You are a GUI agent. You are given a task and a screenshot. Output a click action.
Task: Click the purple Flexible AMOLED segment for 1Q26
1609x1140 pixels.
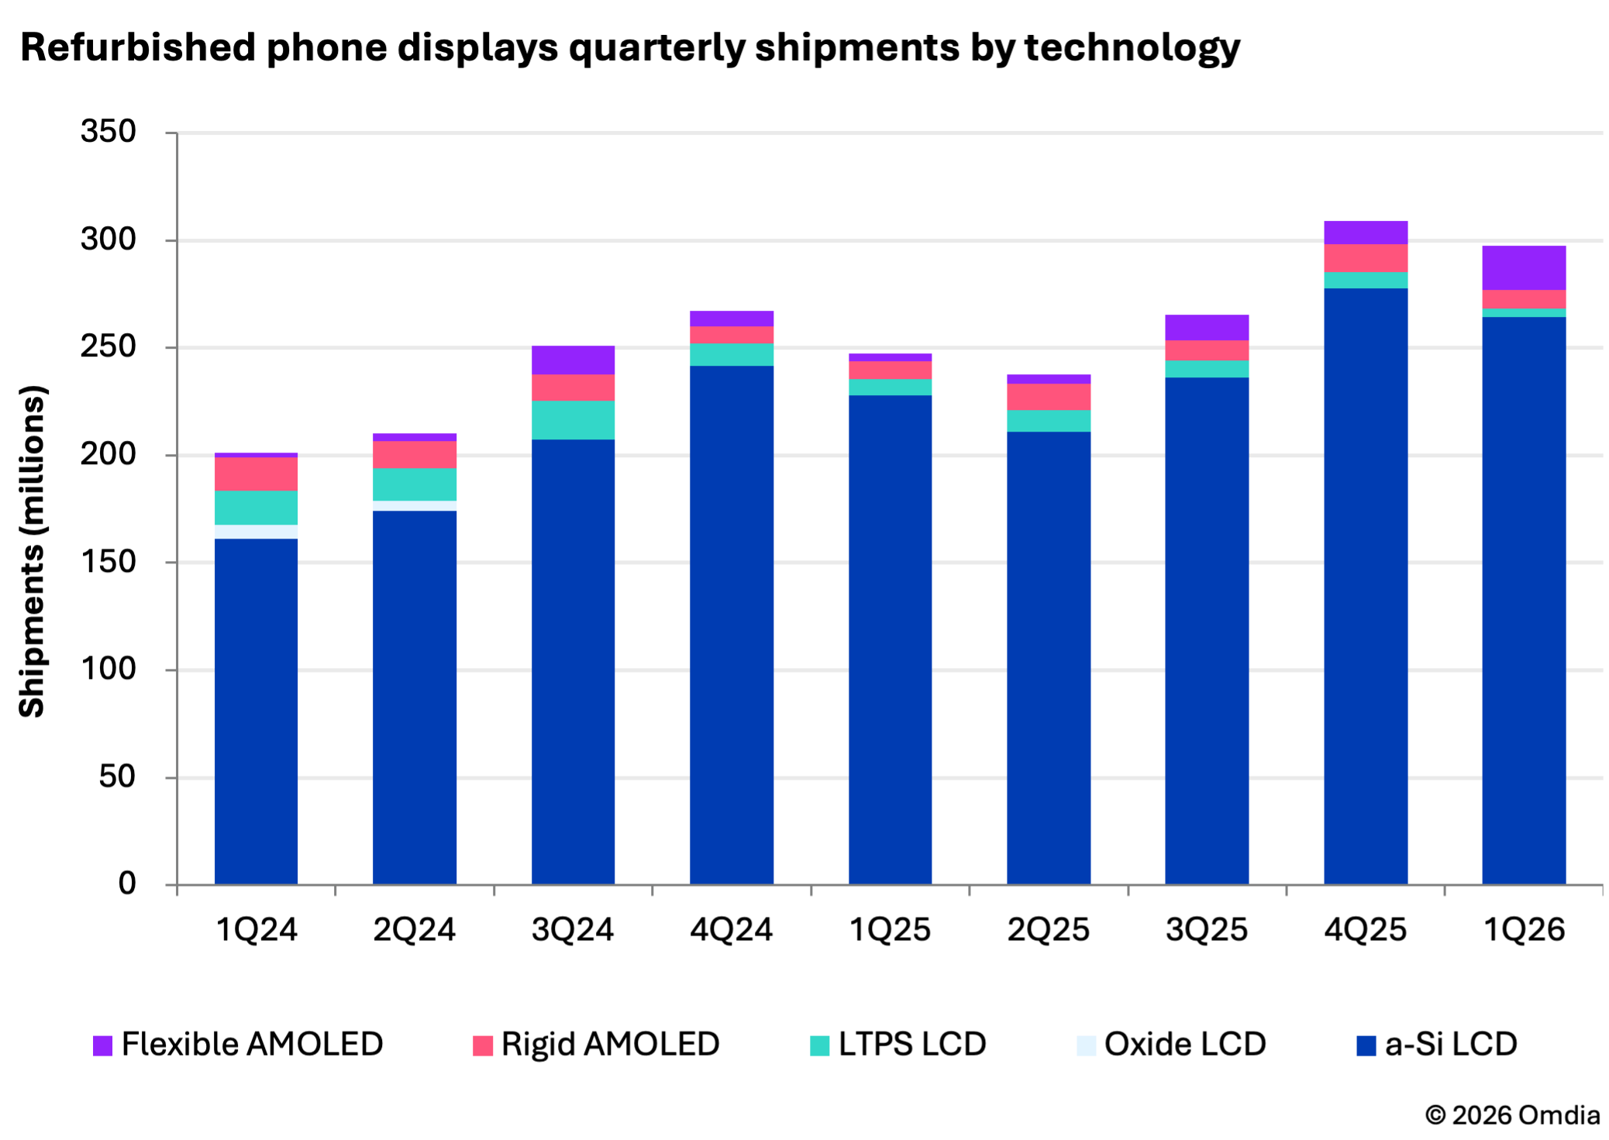tap(1523, 267)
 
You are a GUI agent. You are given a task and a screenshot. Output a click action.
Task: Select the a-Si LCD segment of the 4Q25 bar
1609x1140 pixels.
tap(1365, 586)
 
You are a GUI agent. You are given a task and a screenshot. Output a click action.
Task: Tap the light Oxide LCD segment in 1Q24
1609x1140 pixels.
tap(256, 532)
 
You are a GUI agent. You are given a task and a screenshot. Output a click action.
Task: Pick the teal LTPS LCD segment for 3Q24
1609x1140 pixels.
tap(573, 420)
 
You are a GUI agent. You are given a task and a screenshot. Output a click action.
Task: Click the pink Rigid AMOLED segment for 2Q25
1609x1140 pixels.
tap(1048, 397)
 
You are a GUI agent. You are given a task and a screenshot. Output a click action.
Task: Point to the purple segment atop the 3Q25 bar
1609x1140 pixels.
tap(1206, 327)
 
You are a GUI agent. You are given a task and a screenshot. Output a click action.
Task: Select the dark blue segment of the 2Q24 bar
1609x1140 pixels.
tap(414, 697)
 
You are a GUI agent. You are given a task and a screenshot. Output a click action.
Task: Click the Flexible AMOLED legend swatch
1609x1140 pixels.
tap(102, 1045)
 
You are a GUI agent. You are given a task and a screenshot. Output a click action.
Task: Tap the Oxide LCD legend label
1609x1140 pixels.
tap(1184, 1044)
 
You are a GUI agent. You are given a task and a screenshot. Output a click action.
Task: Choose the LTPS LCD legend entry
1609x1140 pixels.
tap(898, 1044)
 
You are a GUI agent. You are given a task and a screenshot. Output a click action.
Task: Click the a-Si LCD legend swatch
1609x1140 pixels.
tap(1366, 1045)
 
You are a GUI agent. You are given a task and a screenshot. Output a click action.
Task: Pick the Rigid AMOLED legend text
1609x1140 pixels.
tap(610, 1044)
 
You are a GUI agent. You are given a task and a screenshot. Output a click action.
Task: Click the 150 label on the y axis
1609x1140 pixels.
tap(109, 562)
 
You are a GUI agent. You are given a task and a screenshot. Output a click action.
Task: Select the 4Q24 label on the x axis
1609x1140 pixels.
tap(731, 929)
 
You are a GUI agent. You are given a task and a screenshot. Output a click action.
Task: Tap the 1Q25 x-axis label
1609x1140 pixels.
tap(890, 929)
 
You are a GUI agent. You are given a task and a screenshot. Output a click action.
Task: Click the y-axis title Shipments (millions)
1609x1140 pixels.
tap(33, 551)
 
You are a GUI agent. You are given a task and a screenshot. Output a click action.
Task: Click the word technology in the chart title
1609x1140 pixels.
tap(1132, 48)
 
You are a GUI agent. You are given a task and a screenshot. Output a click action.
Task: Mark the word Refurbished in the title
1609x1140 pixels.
tap(138, 47)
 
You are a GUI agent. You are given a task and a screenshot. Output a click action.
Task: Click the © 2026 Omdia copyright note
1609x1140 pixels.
tap(1512, 1115)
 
